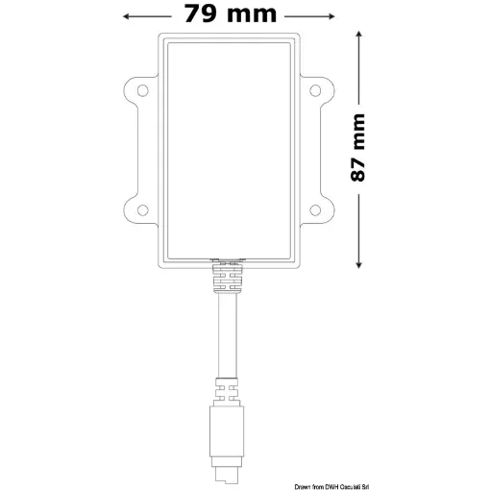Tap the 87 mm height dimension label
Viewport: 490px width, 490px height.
coord(358,148)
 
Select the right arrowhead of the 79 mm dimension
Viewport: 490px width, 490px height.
coord(327,14)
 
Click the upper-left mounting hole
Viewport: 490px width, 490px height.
coord(142,91)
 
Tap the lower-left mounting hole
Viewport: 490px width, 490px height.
coord(142,209)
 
